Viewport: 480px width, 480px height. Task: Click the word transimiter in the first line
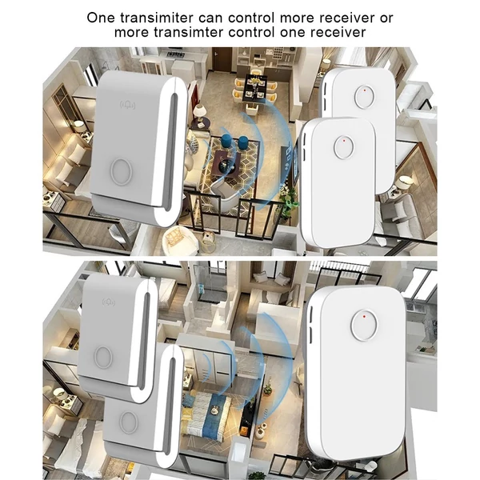point(157,18)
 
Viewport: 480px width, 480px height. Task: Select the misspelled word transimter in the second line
point(188,32)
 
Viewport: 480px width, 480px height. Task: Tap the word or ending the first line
point(386,18)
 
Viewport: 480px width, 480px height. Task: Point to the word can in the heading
point(211,18)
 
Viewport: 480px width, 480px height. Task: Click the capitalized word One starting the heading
point(101,18)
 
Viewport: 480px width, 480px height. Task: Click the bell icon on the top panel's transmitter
point(127,105)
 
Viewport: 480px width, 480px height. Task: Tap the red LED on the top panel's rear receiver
point(365,90)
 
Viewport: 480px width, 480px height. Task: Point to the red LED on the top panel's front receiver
point(344,141)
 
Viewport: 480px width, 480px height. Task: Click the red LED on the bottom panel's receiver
point(364,316)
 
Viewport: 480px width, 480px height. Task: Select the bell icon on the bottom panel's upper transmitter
point(108,302)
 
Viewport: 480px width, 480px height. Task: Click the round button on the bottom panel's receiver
point(364,326)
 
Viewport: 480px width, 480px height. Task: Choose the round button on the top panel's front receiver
point(343,147)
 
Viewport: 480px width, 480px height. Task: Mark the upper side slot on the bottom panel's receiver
point(311,315)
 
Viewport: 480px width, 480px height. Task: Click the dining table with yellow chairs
point(255,88)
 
